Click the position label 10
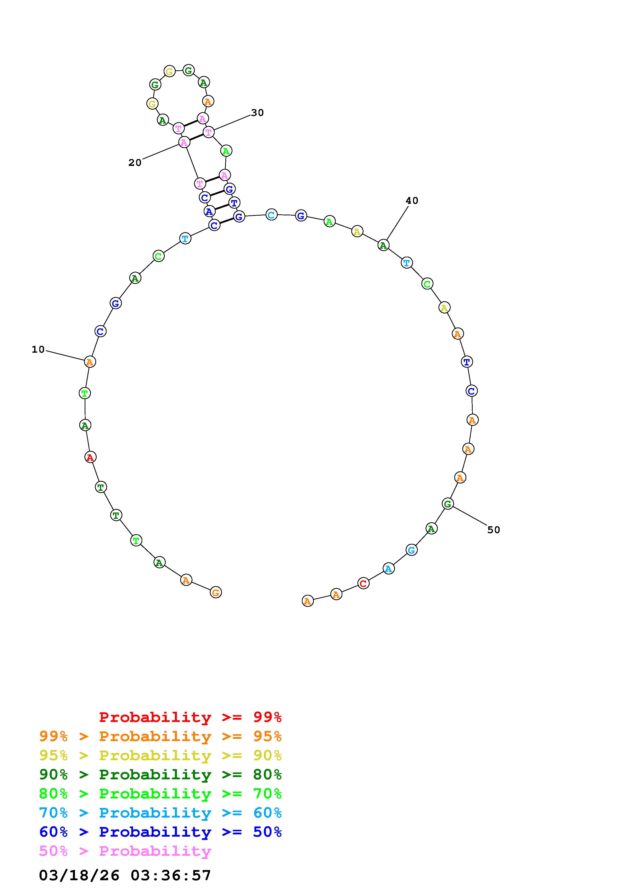38,350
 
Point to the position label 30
257,113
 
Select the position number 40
412,201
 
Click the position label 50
494,530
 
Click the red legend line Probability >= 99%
190,717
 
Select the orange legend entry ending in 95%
160,736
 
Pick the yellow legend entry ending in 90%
160,755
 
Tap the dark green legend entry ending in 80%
160,774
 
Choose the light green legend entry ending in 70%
160,794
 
